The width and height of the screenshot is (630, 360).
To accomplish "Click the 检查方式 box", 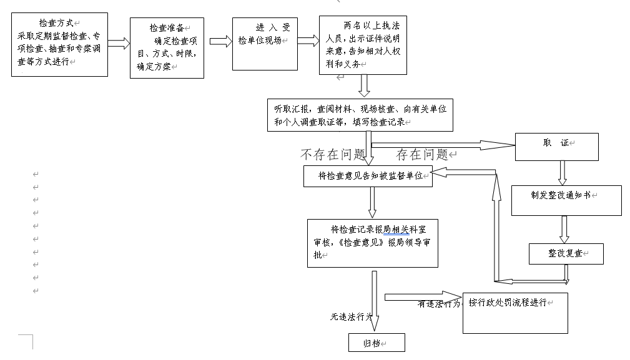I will tap(59, 44).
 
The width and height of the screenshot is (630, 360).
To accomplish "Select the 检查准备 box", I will tap(167, 47).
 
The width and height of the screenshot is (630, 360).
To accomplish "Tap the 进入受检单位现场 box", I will tap(263, 43).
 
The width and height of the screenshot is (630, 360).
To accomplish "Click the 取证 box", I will tap(556, 147).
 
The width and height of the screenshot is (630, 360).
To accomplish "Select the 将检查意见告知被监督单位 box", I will tap(368, 177).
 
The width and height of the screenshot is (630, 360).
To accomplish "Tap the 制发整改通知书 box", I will tap(566, 200).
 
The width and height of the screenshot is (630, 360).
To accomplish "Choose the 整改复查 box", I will tap(566, 253).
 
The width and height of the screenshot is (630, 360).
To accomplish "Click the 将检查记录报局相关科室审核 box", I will tap(372, 243).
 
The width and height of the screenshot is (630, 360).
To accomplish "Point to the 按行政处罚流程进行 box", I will tap(515, 313).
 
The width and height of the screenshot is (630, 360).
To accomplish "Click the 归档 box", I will tap(377, 343).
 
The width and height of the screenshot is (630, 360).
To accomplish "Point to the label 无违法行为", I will tap(351, 317).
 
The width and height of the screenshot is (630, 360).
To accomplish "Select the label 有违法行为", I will tap(440, 304).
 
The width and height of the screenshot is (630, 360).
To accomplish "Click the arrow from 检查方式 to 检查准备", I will tap(119, 44).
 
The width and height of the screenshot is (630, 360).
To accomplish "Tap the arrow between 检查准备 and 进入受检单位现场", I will tap(218, 42).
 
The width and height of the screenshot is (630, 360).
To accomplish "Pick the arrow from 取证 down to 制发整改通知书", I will tap(562, 172).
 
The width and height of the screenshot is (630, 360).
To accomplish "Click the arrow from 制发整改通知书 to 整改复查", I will tap(564, 229).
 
